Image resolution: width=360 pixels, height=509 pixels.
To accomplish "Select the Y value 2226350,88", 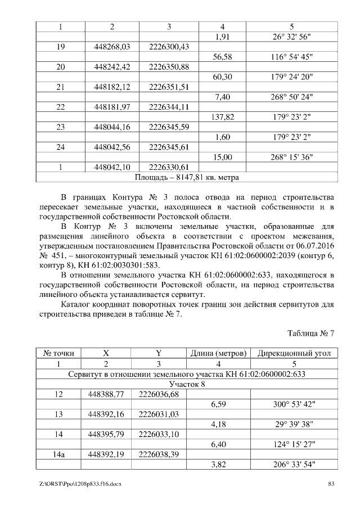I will click(x=169, y=67).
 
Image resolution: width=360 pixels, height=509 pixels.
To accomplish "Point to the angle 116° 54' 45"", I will click(x=290, y=57).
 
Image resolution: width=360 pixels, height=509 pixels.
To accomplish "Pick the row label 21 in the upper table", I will click(x=60, y=87).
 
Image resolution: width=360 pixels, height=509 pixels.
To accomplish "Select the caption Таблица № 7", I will click(x=311, y=333).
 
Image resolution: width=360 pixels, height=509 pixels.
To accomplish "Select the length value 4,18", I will click(x=219, y=424).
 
